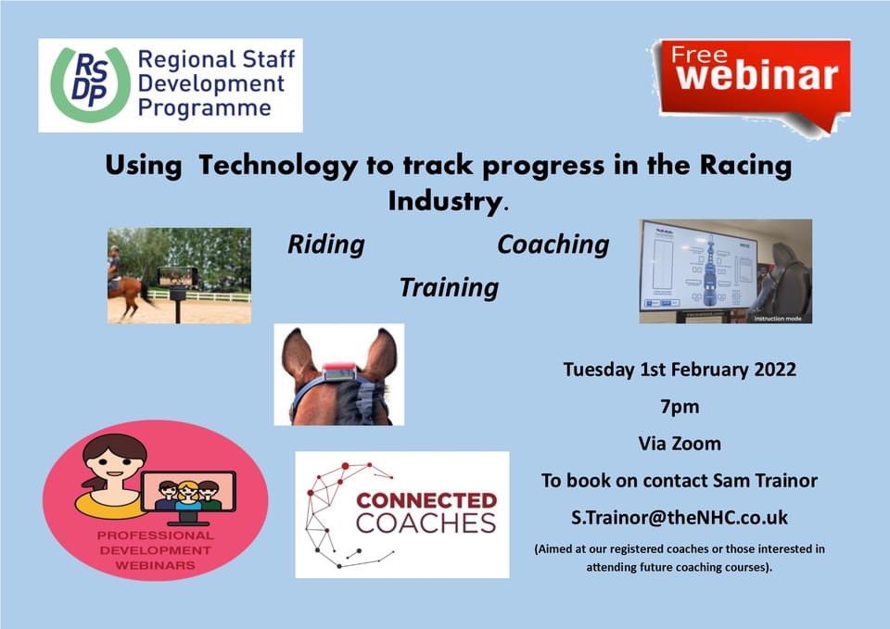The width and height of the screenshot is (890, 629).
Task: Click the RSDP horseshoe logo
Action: pos(89,85)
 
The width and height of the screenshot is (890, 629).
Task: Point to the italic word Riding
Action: pos(325,245)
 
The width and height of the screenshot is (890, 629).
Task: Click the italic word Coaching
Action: pos(553,245)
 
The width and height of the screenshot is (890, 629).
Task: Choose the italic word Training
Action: pos(449,287)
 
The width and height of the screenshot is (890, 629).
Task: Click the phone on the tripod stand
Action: pos(178,276)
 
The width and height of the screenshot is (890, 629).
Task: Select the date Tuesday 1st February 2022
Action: pos(680,370)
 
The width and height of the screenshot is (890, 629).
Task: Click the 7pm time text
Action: pos(680,407)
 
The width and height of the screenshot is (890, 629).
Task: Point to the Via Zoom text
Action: pos(680,444)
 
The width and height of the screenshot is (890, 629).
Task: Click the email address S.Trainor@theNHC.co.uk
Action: pos(680,518)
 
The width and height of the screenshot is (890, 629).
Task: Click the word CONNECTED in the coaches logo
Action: pos(426,500)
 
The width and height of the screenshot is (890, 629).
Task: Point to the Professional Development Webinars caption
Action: pos(155,550)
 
